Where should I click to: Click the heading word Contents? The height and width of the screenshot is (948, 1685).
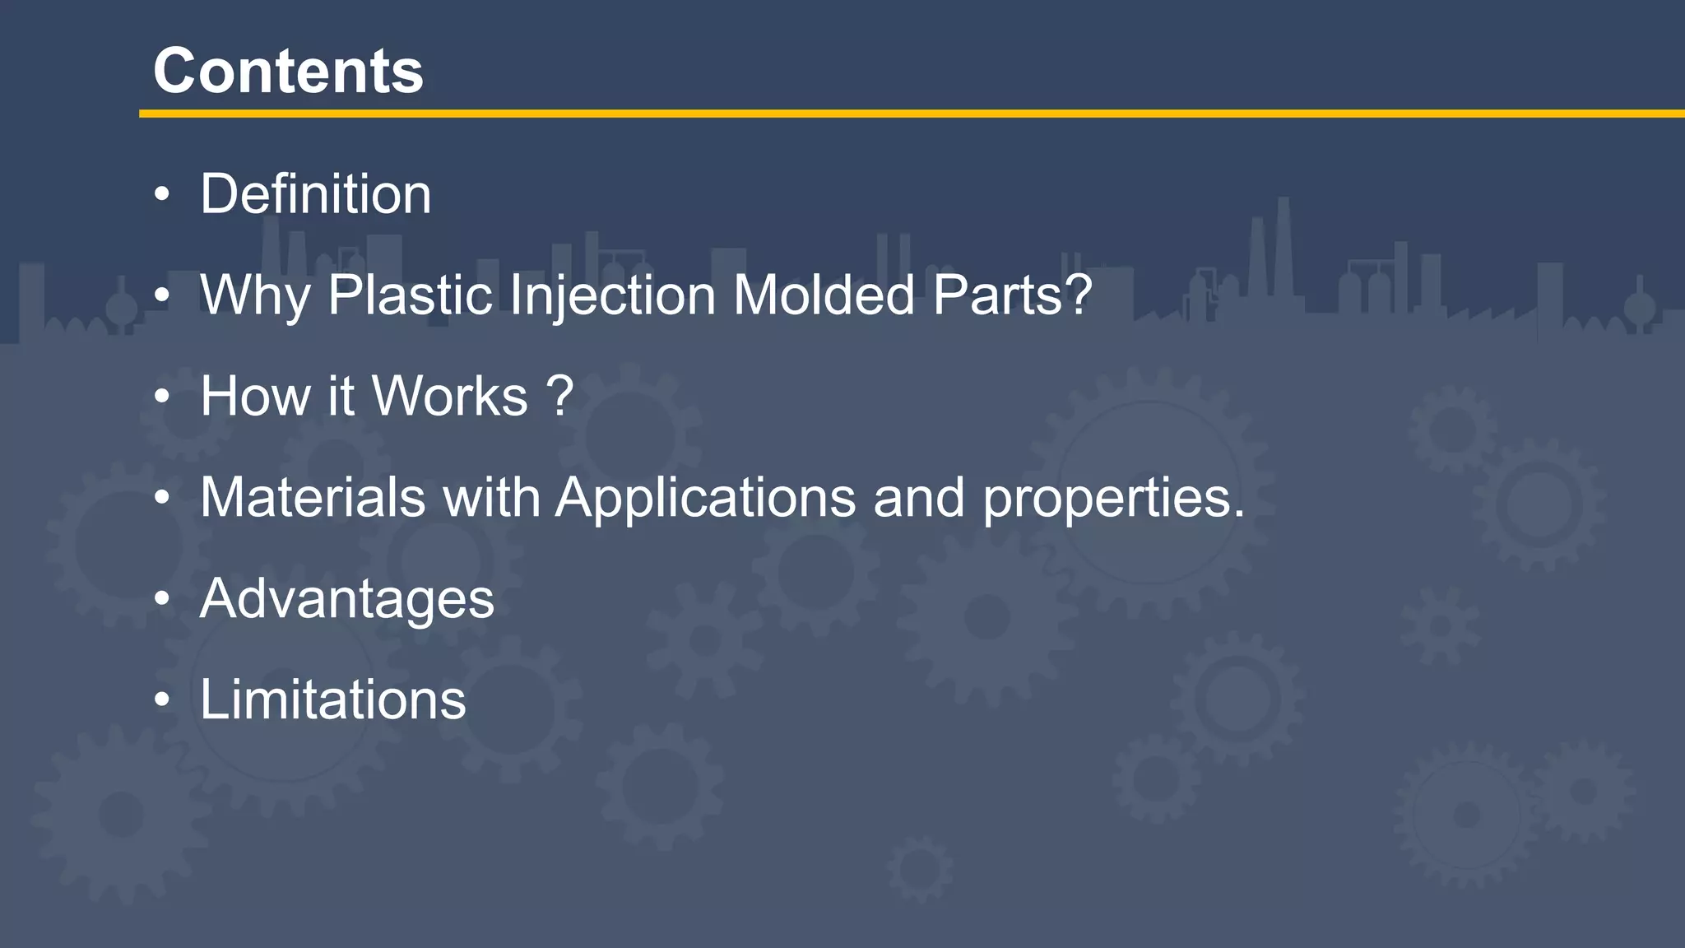[x=288, y=71]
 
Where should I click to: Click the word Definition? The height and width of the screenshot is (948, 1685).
[x=316, y=194]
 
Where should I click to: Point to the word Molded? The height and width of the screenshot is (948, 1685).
[x=823, y=295]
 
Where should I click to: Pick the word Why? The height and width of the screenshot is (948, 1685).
[x=255, y=295]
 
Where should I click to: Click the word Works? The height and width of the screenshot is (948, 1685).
[x=449, y=397]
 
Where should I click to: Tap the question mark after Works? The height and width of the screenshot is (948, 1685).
[x=559, y=397]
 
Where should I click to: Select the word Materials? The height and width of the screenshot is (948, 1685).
[x=313, y=497]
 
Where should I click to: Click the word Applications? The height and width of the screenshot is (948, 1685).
[x=705, y=497]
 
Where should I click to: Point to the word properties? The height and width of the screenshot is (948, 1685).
[x=1113, y=499]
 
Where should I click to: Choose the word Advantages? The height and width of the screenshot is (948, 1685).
[x=347, y=599]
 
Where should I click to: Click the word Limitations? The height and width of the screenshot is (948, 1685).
[x=332, y=699]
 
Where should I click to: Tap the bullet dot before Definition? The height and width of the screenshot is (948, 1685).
[x=162, y=195]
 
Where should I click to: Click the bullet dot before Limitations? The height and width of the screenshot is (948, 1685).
[x=162, y=700]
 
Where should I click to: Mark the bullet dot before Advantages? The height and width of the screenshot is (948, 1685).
[x=162, y=600]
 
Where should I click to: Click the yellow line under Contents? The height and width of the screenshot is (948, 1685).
[x=905, y=114]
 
